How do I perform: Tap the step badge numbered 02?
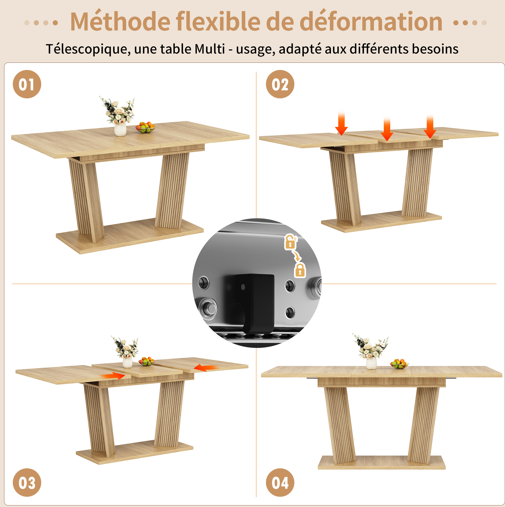coord(280,84)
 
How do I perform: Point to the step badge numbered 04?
coord(280,482)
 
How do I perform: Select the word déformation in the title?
coord(371,21)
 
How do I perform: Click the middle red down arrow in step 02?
coord(387,129)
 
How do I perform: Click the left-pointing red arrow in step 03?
coord(206,368)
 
